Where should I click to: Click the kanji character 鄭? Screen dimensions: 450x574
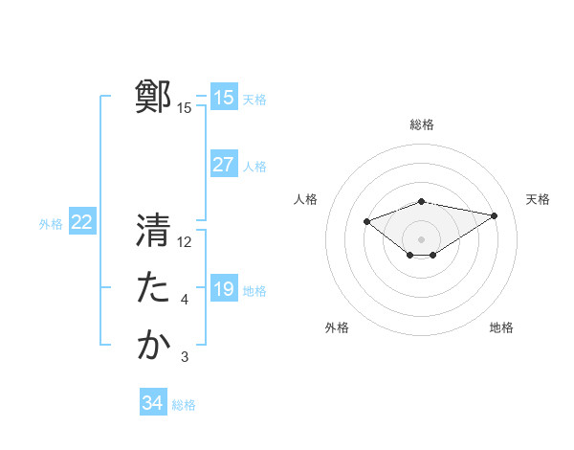click(x=153, y=98)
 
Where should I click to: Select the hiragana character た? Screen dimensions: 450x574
click(x=153, y=288)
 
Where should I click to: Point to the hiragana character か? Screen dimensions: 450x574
click(x=153, y=346)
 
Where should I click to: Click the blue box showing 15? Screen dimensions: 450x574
click(x=224, y=98)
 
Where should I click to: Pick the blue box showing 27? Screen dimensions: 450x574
click(x=224, y=165)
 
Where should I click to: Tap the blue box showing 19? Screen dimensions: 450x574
click(x=224, y=289)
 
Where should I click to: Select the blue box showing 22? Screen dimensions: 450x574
click(x=82, y=223)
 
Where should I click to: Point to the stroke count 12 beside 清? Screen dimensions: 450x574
click(x=185, y=242)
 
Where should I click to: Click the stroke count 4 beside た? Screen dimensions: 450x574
click(x=185, y=300)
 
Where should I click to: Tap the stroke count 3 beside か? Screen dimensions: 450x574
click(x=185, y=357)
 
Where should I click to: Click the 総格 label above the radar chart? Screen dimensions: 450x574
click(x=422, y=124)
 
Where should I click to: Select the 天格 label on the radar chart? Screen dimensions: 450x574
click(x=538, y=199)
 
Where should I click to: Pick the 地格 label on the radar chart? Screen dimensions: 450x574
click(x=501, y=327)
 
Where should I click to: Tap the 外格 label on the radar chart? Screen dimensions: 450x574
click(x=337, y=327)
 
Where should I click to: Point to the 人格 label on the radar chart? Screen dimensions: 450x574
click(x=305, y=199)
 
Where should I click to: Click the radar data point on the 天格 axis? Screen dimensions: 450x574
click(x=495, y=215)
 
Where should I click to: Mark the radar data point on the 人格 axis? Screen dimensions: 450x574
click(x=367, y=222)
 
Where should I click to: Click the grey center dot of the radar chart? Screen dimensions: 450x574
click(x=421, y=239)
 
